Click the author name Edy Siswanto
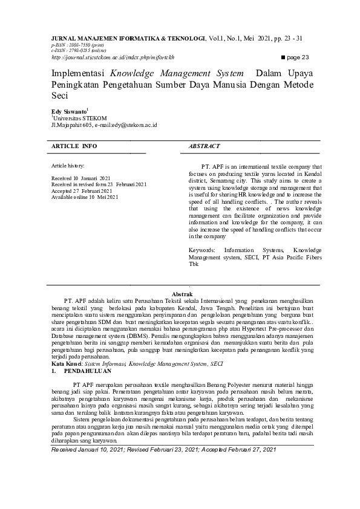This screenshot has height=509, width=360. tap(69, 111)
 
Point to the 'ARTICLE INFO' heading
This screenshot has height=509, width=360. tap(74, 146)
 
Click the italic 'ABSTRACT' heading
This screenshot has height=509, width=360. tap(204, 146)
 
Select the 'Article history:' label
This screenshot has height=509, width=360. tap(68, 165)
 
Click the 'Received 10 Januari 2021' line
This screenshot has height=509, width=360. tap(80, 179)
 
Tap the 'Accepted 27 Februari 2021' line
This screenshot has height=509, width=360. tap(82, 191)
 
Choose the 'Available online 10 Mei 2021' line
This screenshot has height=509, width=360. tap(85, 197)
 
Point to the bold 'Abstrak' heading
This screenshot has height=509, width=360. tap(183, 293)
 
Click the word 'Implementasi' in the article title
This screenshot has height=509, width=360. tap(76, 73)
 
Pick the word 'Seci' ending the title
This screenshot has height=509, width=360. tap(59, 96)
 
